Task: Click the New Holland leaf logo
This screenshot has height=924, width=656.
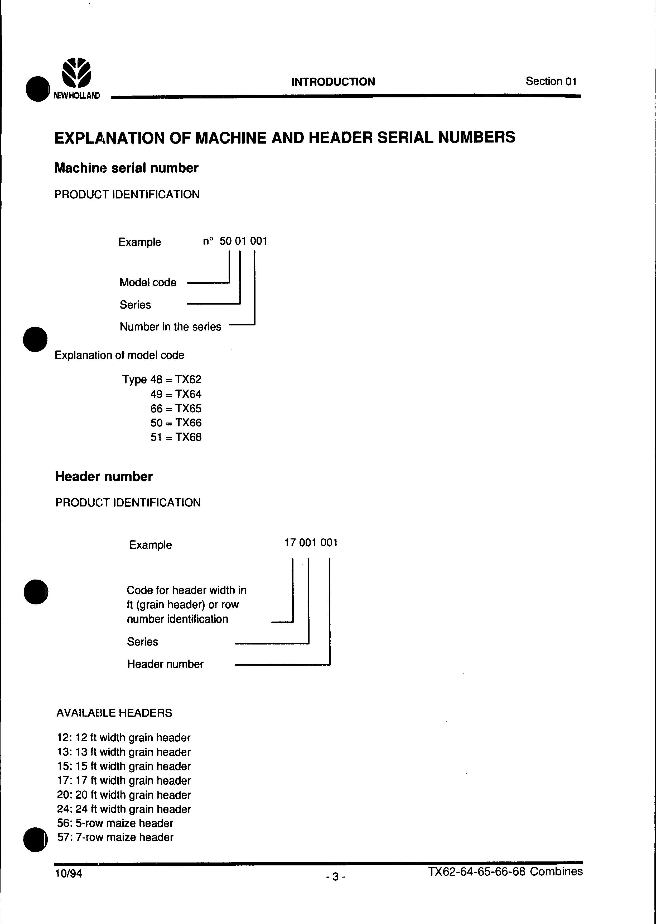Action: pyautogui.click(x=76, y=73)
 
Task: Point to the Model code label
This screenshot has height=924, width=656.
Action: pyautogui.click(x=148, y=282)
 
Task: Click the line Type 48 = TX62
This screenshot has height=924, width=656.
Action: pyautogui.click(x=162, y=379)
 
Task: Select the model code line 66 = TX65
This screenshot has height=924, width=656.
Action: pyautogui.click(x=176, y=408)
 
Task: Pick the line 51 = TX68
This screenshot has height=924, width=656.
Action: pyautogui.click(x=176, y=437)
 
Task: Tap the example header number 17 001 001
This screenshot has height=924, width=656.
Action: pyautogui.click(x=311, y=542)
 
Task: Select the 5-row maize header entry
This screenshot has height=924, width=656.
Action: pyautogui.click(x=115, y=823)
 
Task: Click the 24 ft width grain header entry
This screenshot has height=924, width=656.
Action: pyautogui.click(x=124, y=809)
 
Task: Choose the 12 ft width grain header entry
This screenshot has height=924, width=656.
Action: pyautogui.click(x=124, y=738)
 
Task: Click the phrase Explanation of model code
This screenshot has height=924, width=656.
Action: pyautogui.click(x=119, y=355)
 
